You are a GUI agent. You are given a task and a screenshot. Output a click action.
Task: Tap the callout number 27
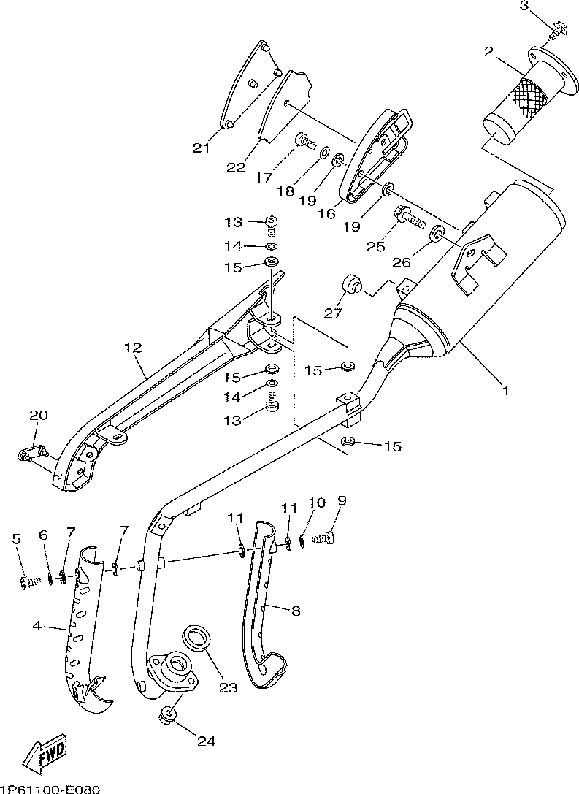point(334,313)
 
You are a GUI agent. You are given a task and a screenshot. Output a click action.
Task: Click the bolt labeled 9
point(324,539)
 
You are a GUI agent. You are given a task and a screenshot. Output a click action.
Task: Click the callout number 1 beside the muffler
point(505,390)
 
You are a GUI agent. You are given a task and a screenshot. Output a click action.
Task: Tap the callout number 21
point(201,148)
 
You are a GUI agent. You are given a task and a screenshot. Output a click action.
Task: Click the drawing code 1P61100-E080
point(50,789)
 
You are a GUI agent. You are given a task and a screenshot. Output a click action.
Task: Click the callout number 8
point(296,611)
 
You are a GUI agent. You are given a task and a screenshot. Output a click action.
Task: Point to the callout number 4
point(37,626)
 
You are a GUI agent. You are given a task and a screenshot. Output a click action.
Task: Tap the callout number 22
point(236,167)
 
